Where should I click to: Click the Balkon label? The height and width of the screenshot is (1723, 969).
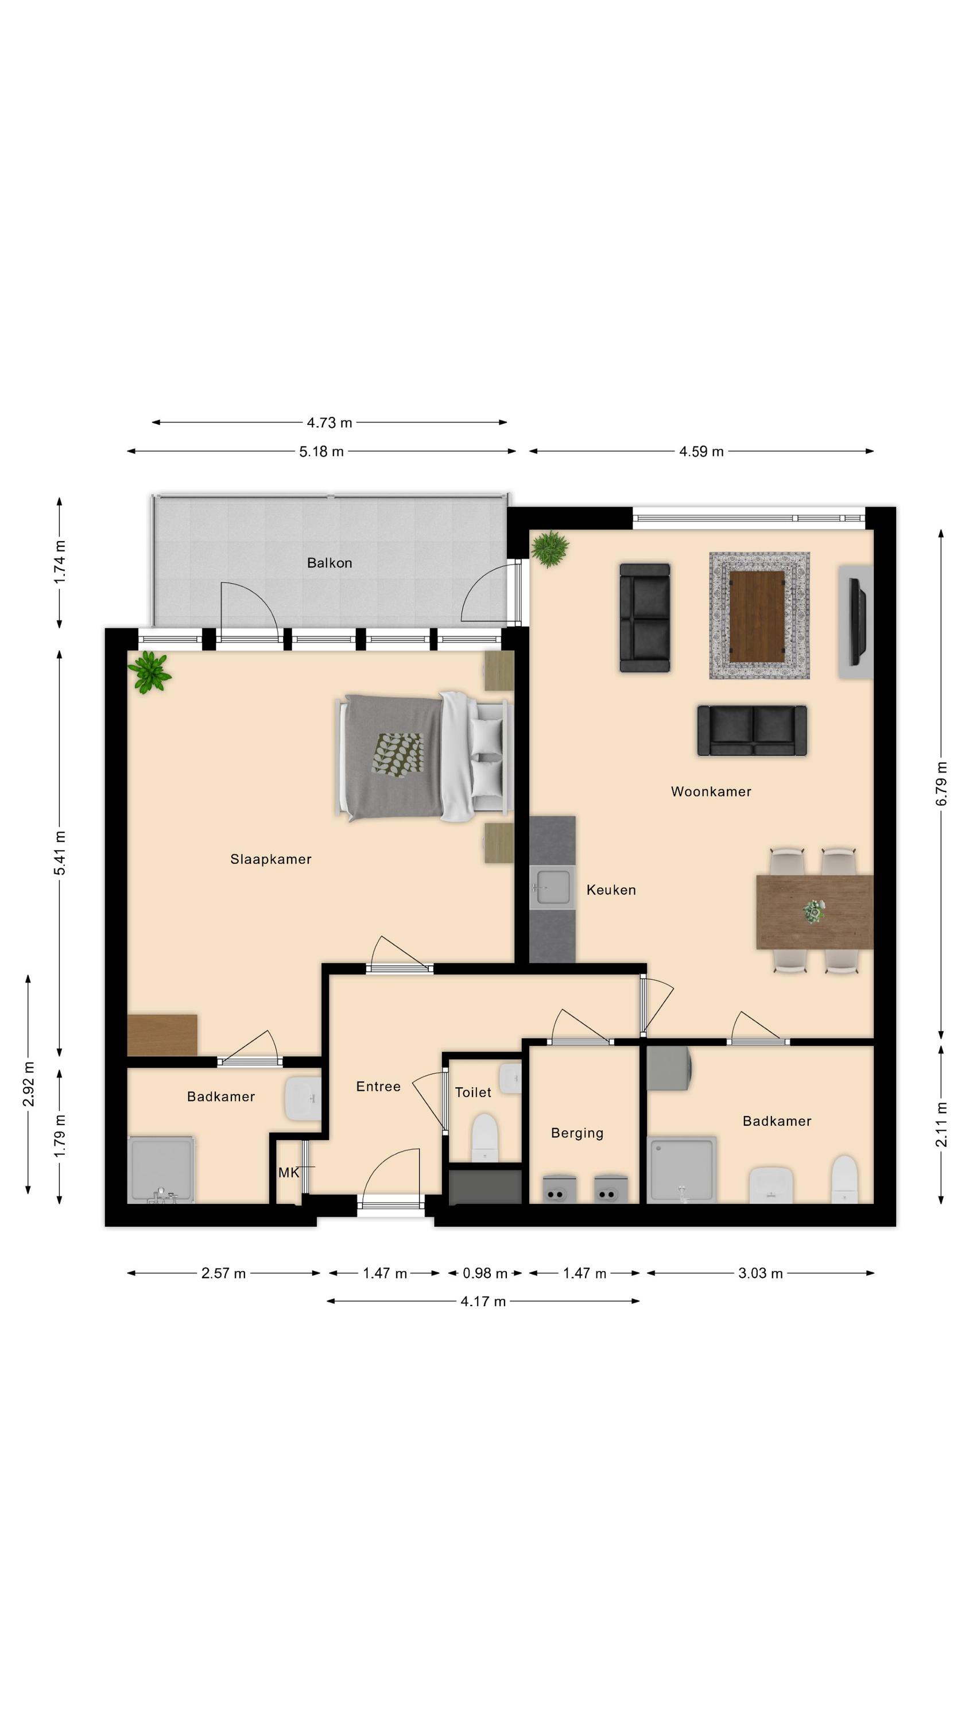(329, 562)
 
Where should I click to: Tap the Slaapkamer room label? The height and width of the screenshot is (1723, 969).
(271, 859)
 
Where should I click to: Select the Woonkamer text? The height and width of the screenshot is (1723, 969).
(711, 791)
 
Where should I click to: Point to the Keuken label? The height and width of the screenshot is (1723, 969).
(611, 890)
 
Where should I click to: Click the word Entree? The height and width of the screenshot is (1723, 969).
(378, 1086)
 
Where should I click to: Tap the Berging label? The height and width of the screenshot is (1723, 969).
(577, 1133)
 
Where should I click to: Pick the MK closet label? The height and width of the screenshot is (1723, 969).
(289, 1172)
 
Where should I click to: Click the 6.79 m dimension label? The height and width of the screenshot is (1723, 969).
(941, 783)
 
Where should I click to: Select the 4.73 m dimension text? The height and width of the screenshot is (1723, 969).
(329, 423)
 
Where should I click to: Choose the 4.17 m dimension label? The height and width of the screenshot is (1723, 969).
(483, 1301)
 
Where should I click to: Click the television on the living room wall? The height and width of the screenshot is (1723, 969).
(857, 622)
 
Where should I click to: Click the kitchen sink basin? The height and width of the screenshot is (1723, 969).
(553, 887)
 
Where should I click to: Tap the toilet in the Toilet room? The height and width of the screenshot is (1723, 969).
(485, 1137)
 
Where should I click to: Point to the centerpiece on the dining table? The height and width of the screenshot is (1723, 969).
(814, 911)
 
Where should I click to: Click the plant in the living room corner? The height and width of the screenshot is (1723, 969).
(550, 548)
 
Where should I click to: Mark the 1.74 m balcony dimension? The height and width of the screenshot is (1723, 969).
(60, 561)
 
